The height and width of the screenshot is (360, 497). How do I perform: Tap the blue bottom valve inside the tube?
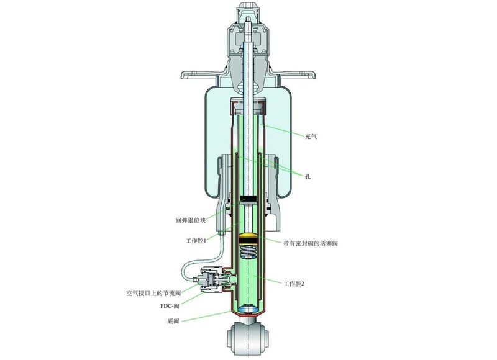(x=249, y=308)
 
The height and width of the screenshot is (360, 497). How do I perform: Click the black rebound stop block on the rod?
(x=249, y=199)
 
